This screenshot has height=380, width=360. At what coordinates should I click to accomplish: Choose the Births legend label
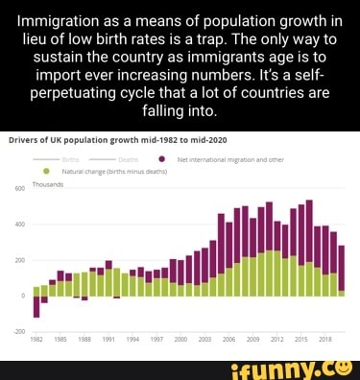click(x=71, y=161)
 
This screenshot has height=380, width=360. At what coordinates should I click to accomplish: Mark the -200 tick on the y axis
click(x=17, y=330)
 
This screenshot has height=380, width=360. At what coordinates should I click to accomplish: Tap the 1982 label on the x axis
click(x=36, y=340)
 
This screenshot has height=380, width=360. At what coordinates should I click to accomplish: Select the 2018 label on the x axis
click(x=324, y=340)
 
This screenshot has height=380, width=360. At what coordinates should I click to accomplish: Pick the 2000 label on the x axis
click(x=180, y=340)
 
